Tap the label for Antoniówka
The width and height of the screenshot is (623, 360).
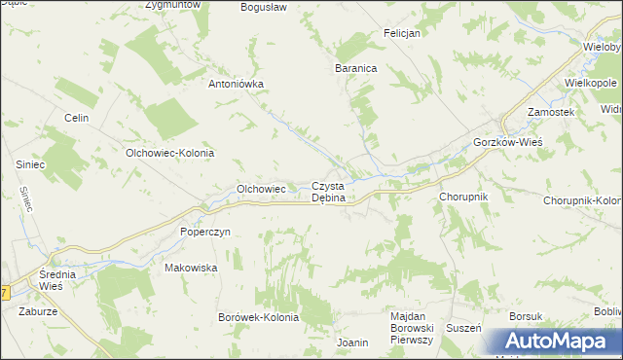point(237,84)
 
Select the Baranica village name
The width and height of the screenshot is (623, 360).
point(355,69)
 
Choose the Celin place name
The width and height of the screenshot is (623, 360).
point(76,118)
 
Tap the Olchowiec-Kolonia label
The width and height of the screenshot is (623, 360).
point(169,154)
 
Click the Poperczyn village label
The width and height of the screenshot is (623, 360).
point(204,233)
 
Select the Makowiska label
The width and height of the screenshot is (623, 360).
point(190,268)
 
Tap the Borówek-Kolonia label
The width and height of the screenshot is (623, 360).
point(261,318)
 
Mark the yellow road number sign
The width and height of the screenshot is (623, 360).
point(4,292)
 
